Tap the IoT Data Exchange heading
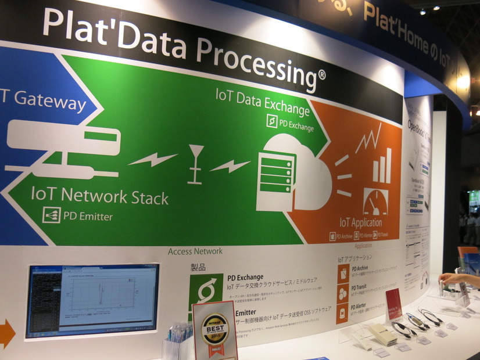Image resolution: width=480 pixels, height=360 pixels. (x=263, y=100)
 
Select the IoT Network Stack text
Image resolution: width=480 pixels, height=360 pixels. (x=100, y=196)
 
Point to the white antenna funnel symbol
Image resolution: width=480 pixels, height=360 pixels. (x=196, y=163)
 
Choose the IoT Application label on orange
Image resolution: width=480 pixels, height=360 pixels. (x=360, y=222)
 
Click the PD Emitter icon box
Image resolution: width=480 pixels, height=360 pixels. (x=52, y=215)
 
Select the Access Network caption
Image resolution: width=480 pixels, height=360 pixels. (x=195, y=251)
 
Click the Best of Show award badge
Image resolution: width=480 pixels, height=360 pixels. (x=214, y=329)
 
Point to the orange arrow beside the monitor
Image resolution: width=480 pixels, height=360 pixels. (x=6, y=333)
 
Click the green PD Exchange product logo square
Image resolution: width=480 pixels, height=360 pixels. (x=206, y=291)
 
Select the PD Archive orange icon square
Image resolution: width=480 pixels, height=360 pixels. (x=343, y=273)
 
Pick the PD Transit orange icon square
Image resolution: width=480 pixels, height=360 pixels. (x=343, y=294)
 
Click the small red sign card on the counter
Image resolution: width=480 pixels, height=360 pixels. (x=393, y=303)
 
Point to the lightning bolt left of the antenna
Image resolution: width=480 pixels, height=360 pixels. (x=153, y=159)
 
